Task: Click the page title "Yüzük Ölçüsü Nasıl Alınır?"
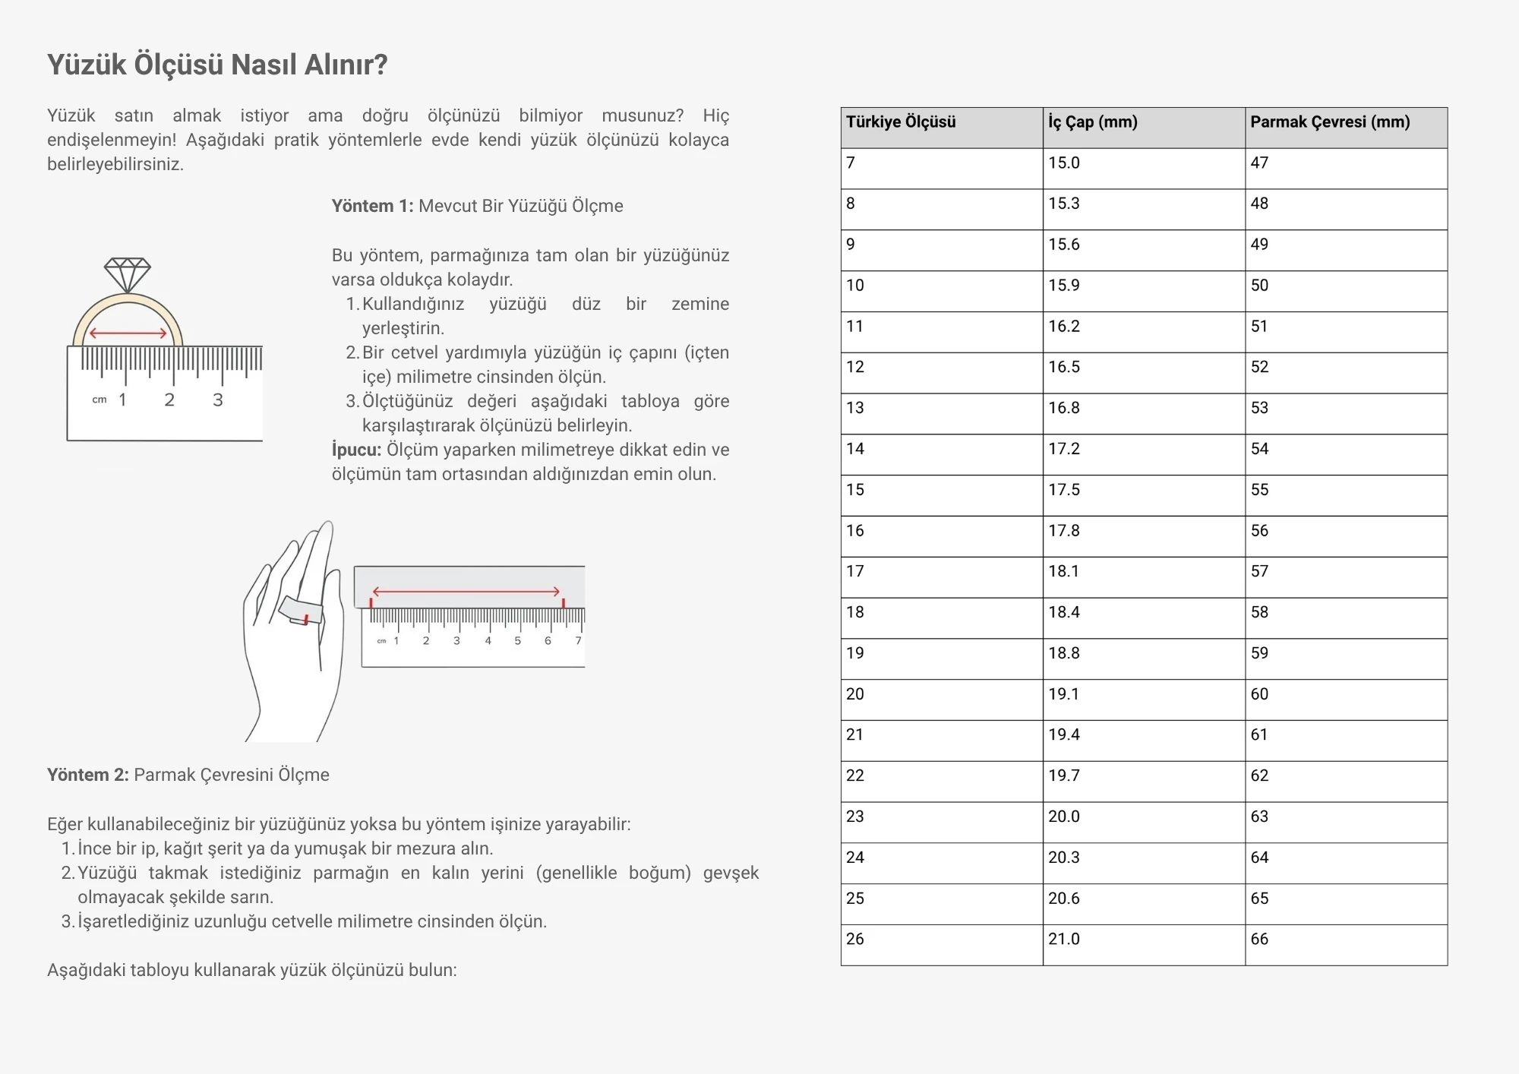pos(217,65)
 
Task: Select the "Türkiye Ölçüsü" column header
pos(901,122)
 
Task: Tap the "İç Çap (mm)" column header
pos(1093,122)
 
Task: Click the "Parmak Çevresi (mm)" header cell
pos(1330,122)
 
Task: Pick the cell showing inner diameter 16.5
pos(1064,368)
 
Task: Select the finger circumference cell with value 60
pos(1259,694)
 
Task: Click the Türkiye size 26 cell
pos(855,940)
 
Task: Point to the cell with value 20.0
pos(1064,817)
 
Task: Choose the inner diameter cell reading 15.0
pos(1064,163)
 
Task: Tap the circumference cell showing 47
pos(1259,163)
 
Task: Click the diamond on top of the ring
pos(128,273)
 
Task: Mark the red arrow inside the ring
pos(128,333)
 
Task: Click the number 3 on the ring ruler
pos(218,400)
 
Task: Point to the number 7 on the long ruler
pos(578,641)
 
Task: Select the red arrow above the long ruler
pos(466,592)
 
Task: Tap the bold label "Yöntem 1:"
pos(372,207)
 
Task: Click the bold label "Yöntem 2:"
pos(88,775)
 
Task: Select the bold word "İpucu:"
pos(356,450)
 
